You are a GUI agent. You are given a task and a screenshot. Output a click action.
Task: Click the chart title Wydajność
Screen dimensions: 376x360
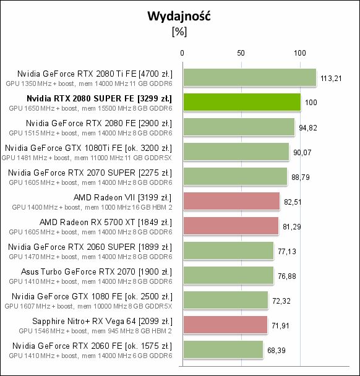click(179, 16)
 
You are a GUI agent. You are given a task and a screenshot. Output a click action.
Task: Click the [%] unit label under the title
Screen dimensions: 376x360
click(179, 33)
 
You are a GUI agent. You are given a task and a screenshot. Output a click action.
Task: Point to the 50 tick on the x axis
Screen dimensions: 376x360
click(241, 53)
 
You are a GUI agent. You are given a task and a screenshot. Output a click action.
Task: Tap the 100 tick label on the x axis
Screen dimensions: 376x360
click(300, 53)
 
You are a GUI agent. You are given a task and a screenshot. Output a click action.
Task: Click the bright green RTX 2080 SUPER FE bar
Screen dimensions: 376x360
click(241, 102)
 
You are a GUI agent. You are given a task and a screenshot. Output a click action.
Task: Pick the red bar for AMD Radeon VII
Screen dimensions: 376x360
click(231, 201)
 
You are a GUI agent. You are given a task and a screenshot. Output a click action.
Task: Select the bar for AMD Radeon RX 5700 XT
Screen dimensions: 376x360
click(229, 226)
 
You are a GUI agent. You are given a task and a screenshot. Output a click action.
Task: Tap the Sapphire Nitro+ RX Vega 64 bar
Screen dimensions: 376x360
click(225, 325)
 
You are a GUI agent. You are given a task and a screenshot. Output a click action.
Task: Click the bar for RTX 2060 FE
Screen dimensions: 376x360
click(222, 349)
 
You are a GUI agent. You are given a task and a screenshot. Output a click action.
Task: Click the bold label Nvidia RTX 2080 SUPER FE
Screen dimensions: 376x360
click(100, 98)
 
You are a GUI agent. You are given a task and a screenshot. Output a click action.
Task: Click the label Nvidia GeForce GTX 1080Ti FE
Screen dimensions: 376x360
click(88, 148)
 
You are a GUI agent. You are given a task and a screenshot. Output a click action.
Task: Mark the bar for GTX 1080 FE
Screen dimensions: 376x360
click(225, 300)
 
